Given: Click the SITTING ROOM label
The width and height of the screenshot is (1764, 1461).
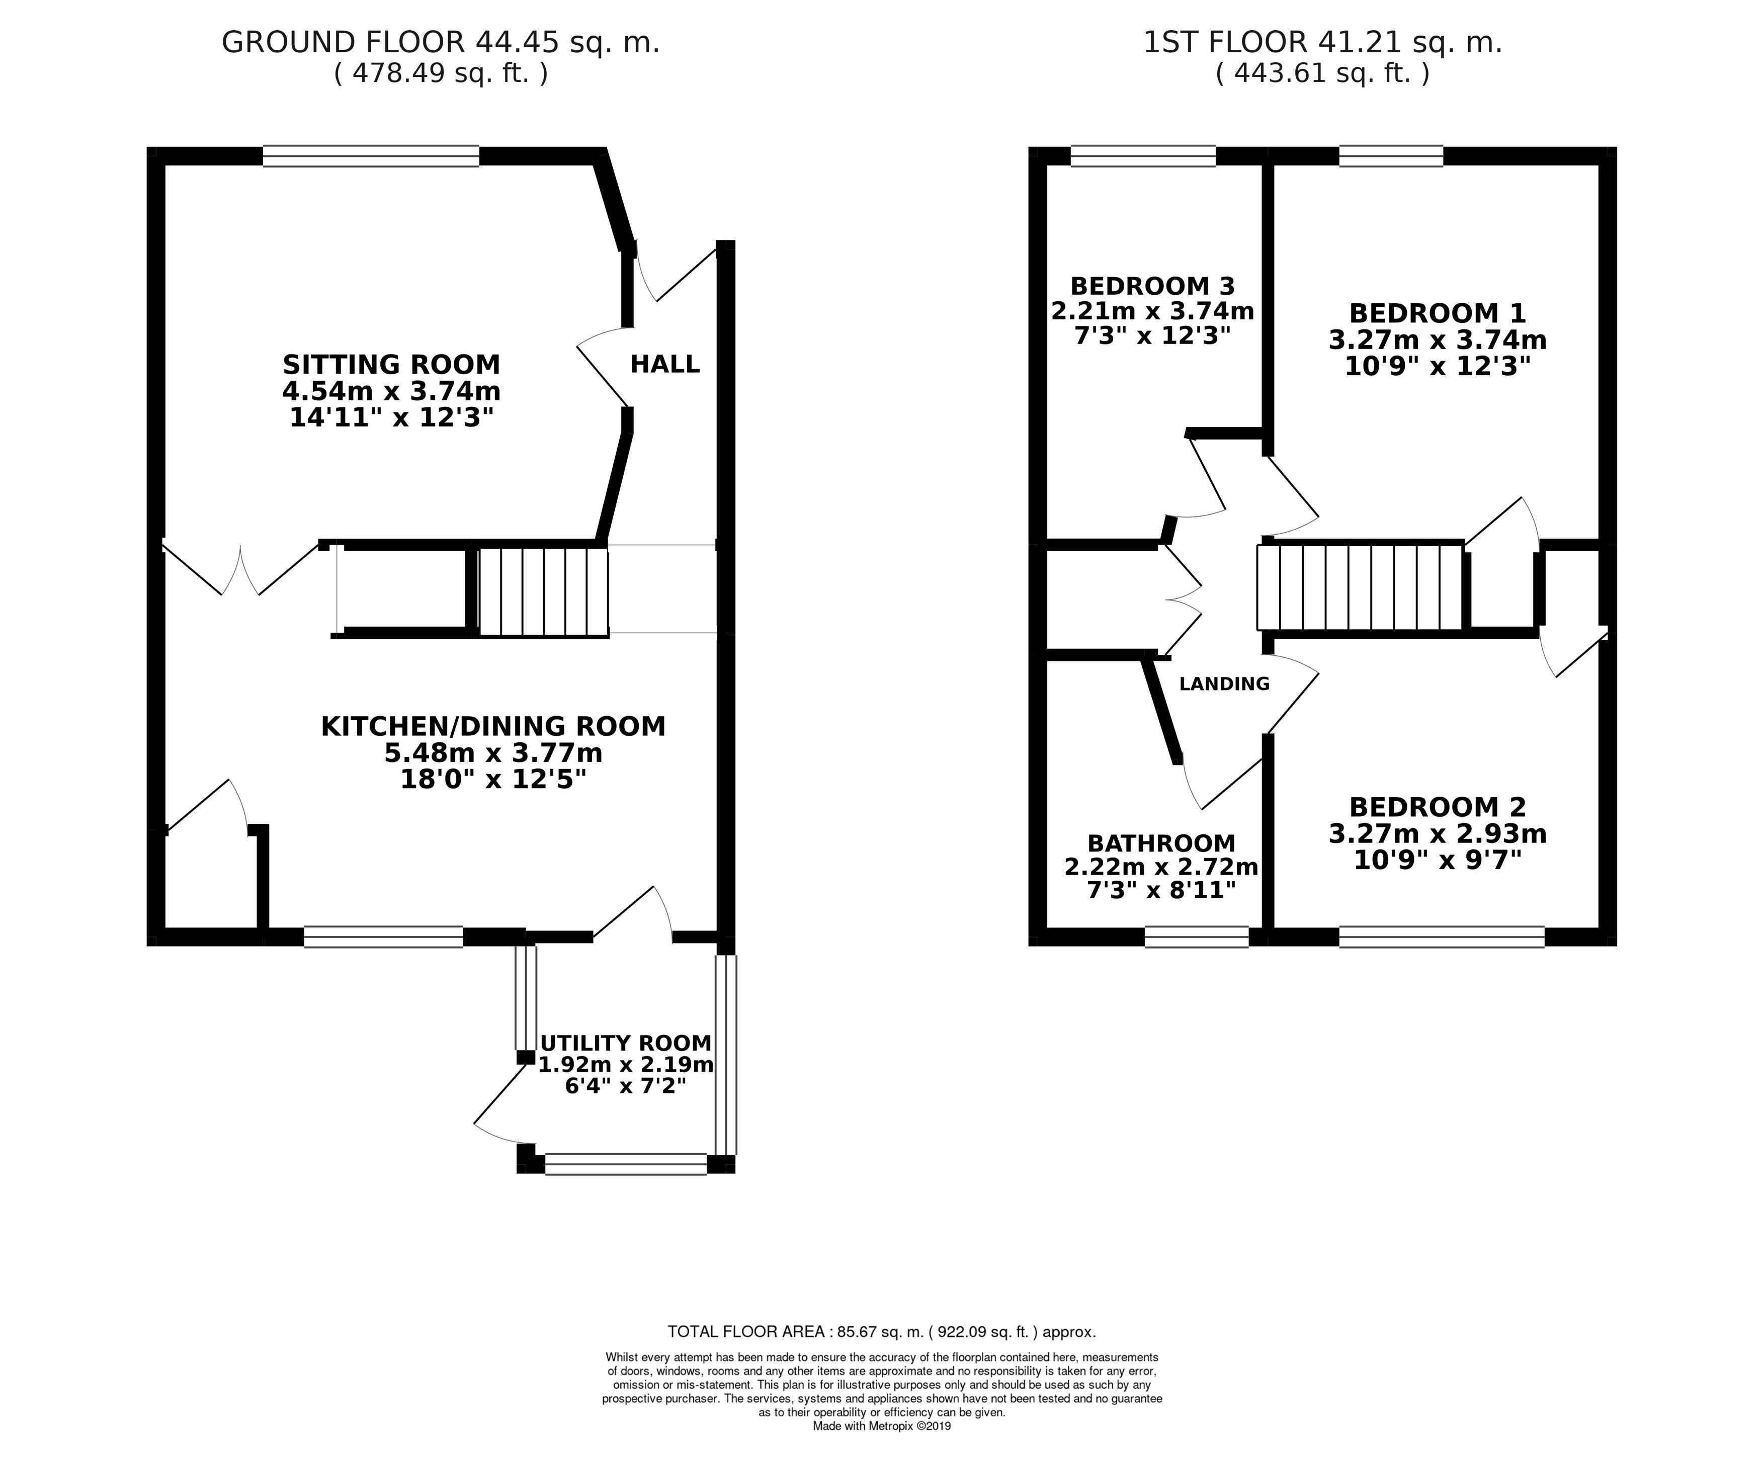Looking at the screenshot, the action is [x=391, y=365].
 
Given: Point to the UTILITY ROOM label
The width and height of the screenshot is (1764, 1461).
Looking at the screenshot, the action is [x=626, y=1043].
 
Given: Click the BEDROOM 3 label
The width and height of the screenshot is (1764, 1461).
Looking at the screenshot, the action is [x=1152, y=286].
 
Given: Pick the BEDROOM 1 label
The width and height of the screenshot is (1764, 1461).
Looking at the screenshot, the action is [x=1437, y=313].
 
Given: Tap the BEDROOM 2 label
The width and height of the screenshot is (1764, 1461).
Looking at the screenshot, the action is [x=1437, y=807].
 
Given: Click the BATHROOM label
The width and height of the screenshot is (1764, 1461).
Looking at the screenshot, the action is [x=1162, y=843].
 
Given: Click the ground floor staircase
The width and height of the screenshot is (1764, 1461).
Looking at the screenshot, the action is [x=543, y=591].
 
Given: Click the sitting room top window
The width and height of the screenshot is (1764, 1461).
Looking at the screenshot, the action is [x=371, y=156].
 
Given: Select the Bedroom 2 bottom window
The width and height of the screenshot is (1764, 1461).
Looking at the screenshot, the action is [x=1442, y=936].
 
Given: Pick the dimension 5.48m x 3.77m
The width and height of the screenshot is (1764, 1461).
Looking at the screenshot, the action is [x=493, y=753].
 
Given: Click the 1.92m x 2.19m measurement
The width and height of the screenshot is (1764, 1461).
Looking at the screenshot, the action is [x=626, y=1065].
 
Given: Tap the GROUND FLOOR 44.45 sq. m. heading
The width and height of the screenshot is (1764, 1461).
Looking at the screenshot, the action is [x=440, y=42].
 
